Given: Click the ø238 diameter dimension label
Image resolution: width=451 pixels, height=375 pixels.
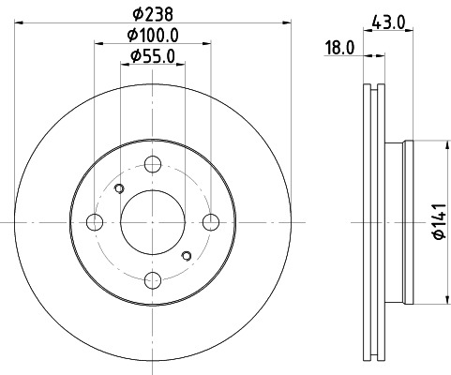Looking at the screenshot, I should pos(153,13).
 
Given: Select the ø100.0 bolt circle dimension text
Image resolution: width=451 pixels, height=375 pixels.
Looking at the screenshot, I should pos(153,36).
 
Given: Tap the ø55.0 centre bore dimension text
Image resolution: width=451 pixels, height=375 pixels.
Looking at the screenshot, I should pos(153,56).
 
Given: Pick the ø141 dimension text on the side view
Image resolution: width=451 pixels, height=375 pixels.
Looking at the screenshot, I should pos(438,222).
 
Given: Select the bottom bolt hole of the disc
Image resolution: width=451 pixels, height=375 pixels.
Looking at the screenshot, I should pos(153,278).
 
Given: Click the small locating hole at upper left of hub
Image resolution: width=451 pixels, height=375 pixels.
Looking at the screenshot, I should pos(118,190).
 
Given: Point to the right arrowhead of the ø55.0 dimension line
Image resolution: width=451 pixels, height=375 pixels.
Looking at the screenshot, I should pos(180,65).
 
